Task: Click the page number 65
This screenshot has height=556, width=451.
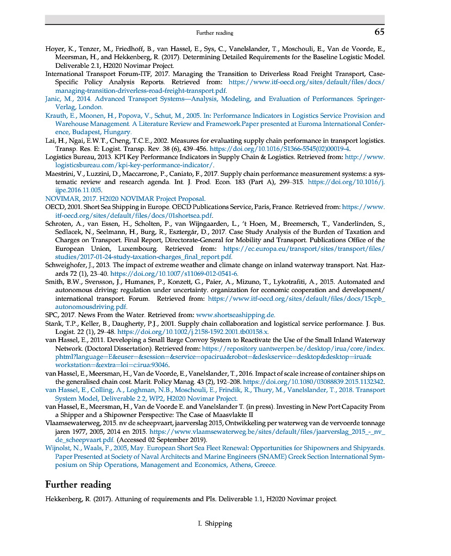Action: click(x=379, y=32)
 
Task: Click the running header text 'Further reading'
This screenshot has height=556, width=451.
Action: click(x=215, y=33)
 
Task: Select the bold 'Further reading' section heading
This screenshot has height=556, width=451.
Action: click(x=78, y=484)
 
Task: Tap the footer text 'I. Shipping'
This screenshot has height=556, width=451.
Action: click(x=215, y=523)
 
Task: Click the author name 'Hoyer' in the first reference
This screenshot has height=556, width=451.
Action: click(x=54, y=48)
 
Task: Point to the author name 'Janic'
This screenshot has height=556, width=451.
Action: click(x=53, y=99)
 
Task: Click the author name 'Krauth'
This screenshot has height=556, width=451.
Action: click(x=56, y=116)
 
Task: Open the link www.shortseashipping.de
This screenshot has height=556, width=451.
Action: click(x=235, y=314)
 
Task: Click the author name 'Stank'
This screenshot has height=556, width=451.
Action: click(x=54, y=323)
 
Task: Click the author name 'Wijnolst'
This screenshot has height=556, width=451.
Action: click(x=59, y=448)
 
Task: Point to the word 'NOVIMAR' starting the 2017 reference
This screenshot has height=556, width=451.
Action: click(x=61, y=199)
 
